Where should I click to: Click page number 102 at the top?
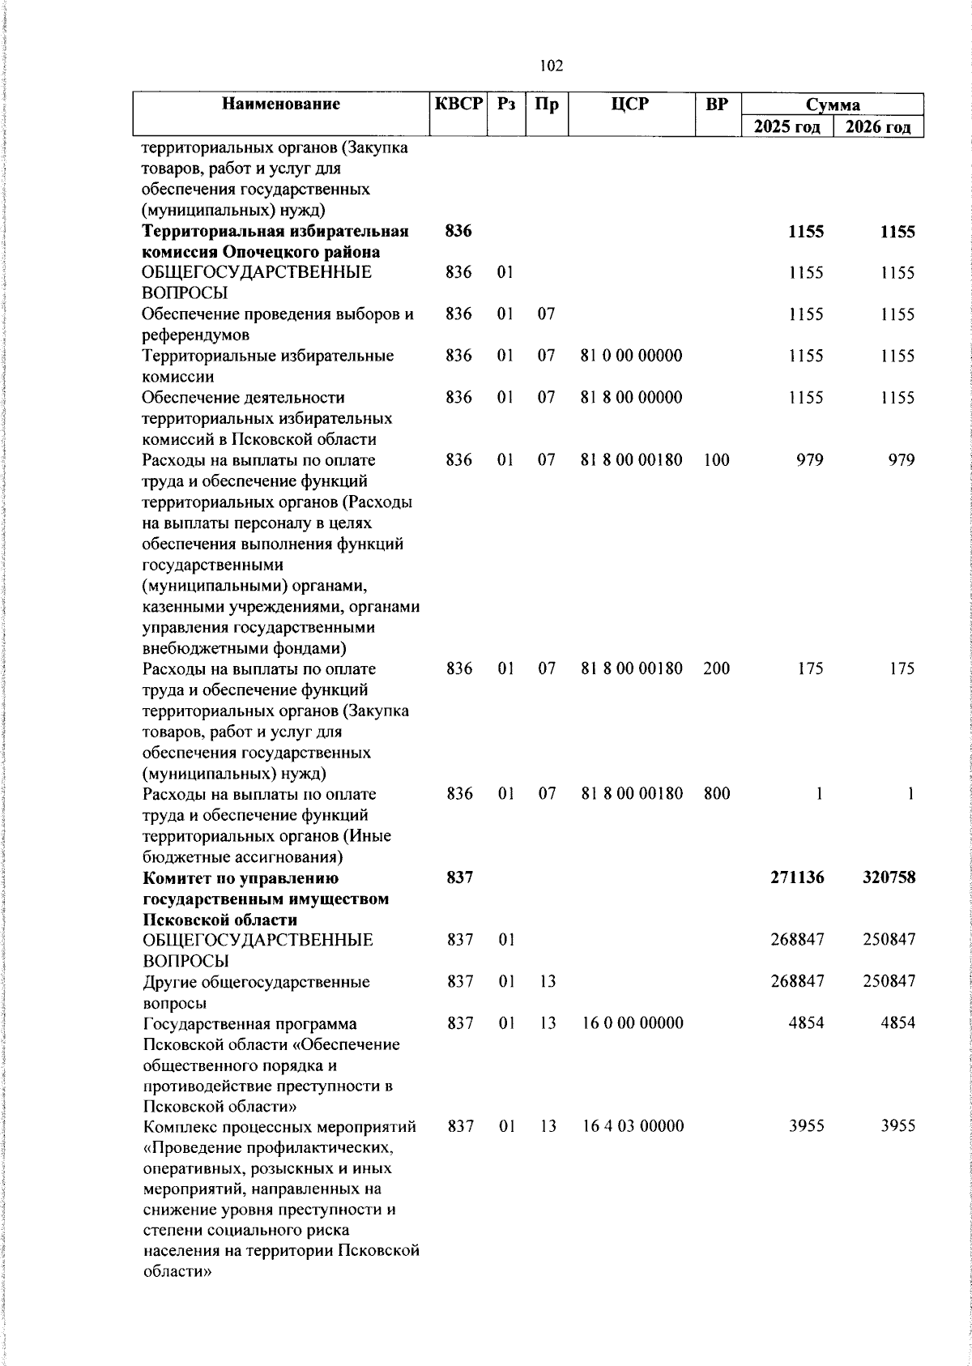tap(551, 66)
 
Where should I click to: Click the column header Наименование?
tap(281, 104)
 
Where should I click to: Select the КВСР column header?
tap(458, 104)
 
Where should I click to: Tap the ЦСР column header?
tap(631, 104)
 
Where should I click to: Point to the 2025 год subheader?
tap(787, 127)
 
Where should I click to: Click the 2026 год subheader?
tap(879, 127)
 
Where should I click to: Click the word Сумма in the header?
tap(833, 105)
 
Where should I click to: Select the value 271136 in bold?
tap(797, 877)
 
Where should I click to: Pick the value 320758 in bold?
tap(889, 877)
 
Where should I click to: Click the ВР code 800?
tap(717, 794)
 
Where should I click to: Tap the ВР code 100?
tap(716, 460)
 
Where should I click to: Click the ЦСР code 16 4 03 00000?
tap(633, 1126)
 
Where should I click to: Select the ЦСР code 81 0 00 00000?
tap(632, 356)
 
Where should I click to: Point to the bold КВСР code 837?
tap(459, 877)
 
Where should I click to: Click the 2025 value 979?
tap(808, 460)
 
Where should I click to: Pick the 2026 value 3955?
tap(898, 1126)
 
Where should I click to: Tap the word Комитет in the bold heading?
tap(178, 878)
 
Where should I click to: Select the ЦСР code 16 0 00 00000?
tap(633, 1023)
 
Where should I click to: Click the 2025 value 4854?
tap(806, 1023)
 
